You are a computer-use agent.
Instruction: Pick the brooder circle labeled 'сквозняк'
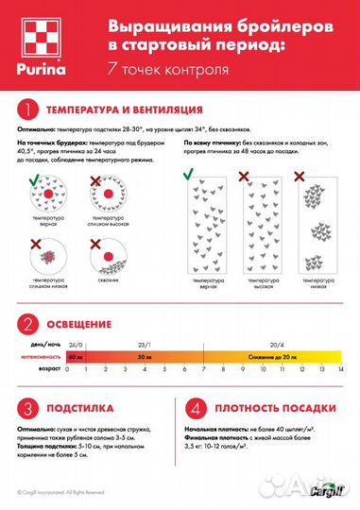pos(107,255)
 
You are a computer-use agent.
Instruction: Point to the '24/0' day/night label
pos(77,347)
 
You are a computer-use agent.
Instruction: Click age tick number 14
pos(342,370)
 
